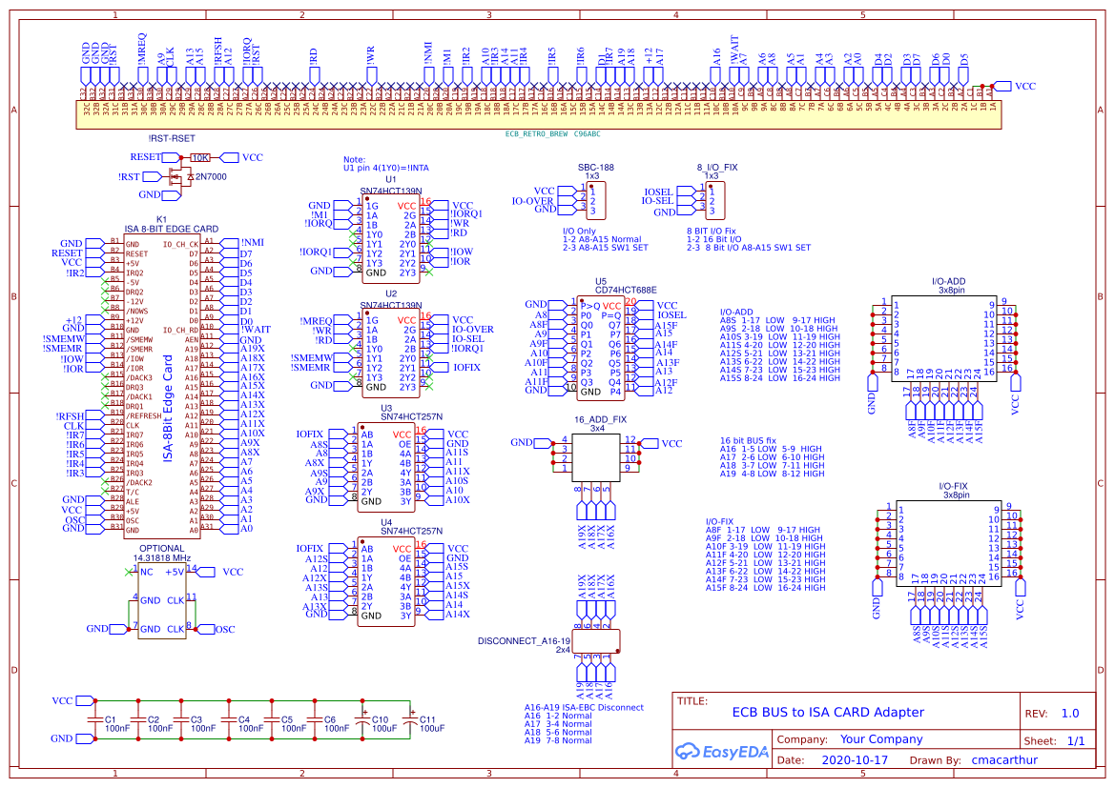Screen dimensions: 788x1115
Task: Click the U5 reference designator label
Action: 601,281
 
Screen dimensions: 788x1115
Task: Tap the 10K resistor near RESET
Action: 200,157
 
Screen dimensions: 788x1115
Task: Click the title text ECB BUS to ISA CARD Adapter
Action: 827,712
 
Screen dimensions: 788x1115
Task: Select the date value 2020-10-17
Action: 854,760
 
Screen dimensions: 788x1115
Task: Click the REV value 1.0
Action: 1070,713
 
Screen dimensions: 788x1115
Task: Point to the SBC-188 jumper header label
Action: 596,167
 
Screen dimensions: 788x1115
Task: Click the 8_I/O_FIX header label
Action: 716,167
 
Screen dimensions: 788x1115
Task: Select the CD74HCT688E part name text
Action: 626,290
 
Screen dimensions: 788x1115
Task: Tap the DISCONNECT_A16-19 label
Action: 524,640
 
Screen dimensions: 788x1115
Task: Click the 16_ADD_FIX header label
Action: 600,419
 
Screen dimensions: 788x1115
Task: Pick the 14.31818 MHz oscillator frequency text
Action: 162,557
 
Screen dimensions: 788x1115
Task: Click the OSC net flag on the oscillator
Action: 224,629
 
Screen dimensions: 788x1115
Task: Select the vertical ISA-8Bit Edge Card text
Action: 169,410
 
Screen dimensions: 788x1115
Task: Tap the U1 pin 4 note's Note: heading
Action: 354,159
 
